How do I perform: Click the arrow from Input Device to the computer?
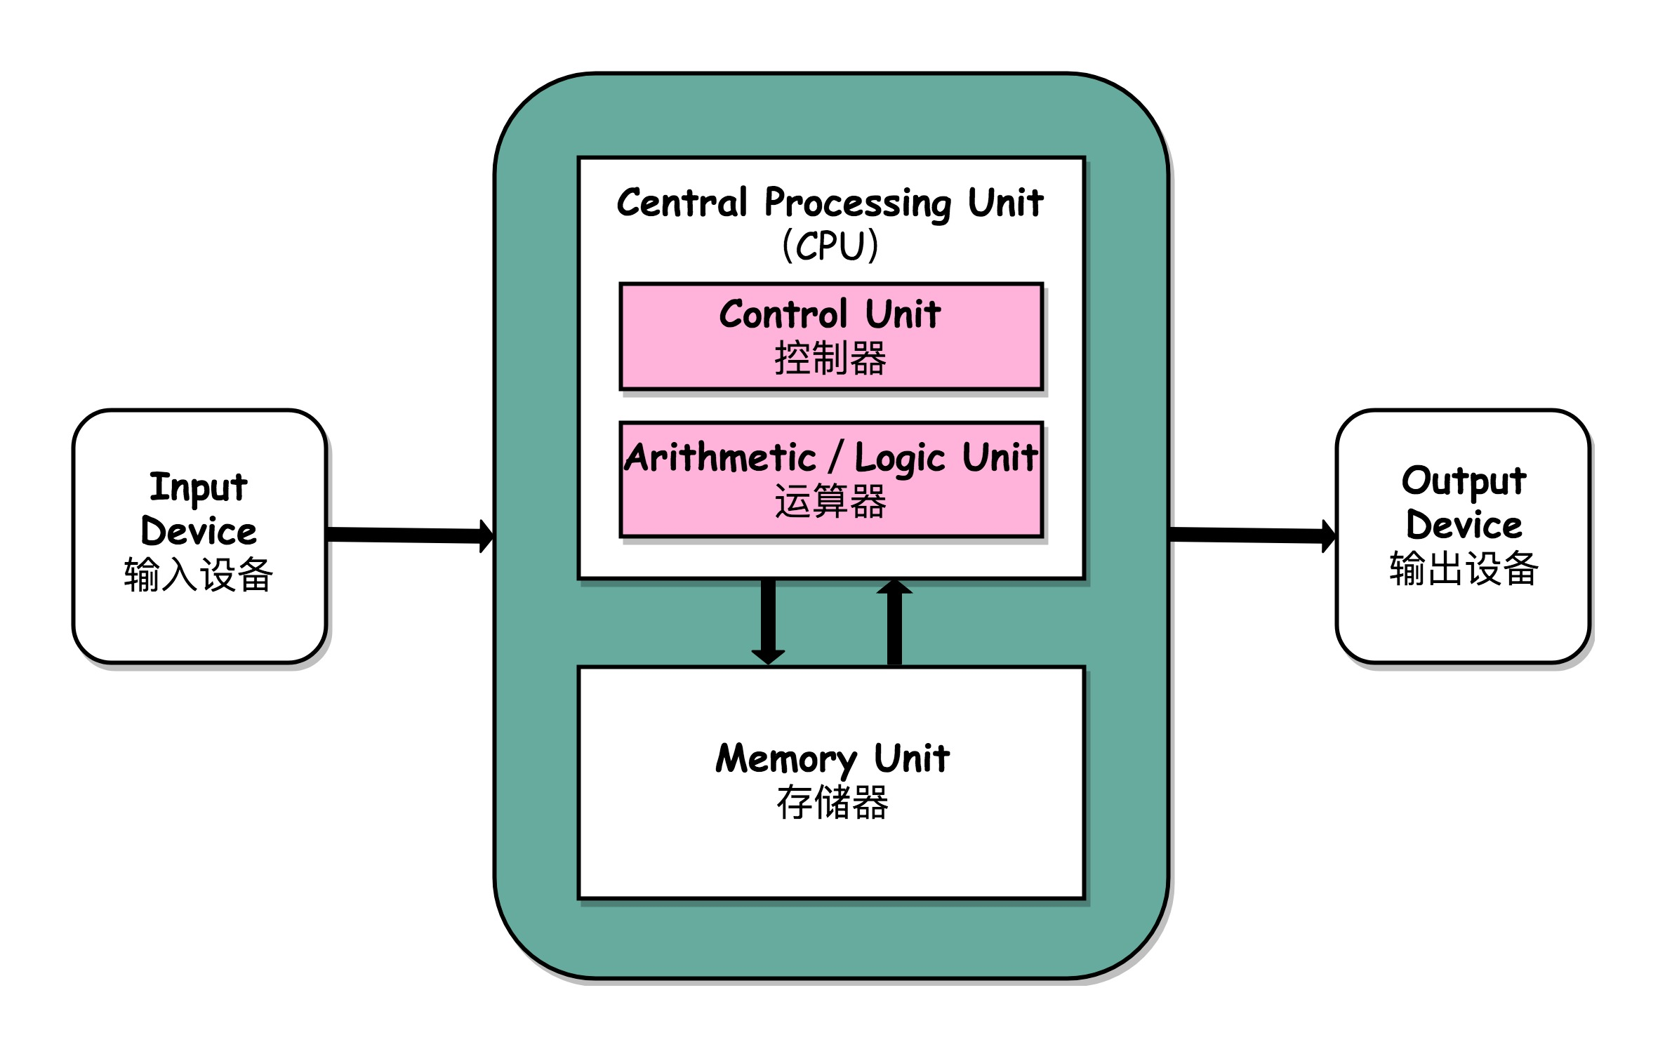[x=411, y=535]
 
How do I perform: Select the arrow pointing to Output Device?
[x=1253, y=535]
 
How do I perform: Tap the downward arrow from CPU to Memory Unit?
[x=768, y=621]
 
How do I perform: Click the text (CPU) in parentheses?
[x=830, y=246]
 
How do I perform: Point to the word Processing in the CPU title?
[x=858, y=203]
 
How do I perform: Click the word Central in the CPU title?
[x=682, y=203]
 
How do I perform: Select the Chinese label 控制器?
[x=830, y=359]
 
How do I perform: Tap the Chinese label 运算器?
[x=830, y=502]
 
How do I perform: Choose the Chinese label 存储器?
[x=832, y=803]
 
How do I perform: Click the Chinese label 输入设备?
[x=199, y=575]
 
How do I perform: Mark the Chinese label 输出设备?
[x=1464, y=569]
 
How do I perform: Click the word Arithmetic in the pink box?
[x=720, y=458]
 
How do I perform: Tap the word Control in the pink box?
[x=783, y=314]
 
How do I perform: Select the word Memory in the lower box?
[x=786, y=760]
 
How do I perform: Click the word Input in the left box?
[x=199, y=488]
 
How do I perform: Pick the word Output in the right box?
[x=1464, y=482]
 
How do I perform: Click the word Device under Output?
[x=1464, y=526]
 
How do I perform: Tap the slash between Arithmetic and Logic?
[x=835, y=457]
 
